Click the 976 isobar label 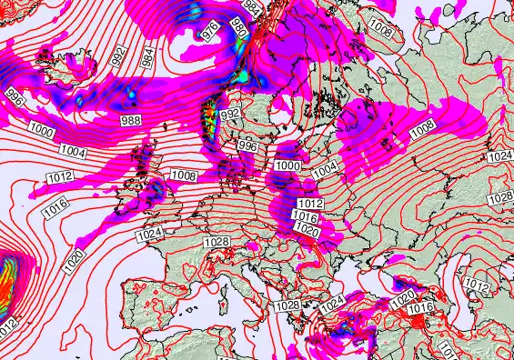[210, 31]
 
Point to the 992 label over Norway [230, 114]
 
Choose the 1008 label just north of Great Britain [184, 175]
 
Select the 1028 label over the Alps [217, 242]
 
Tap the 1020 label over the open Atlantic [75, 265]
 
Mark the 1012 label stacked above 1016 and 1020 [311, 204]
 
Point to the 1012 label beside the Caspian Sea [476, 285]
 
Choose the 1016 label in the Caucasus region [419, 308]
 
